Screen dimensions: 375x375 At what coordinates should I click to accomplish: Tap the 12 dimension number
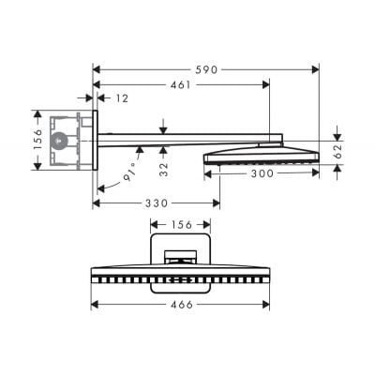pos(123,97)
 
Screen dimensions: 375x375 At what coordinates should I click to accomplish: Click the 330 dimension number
pos(156,202)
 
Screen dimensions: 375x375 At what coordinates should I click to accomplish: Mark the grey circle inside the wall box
pos(61,142)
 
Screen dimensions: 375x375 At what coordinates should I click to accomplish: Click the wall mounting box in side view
pos(70,141)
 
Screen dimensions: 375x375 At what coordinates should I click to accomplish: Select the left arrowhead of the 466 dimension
pos(95,303)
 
